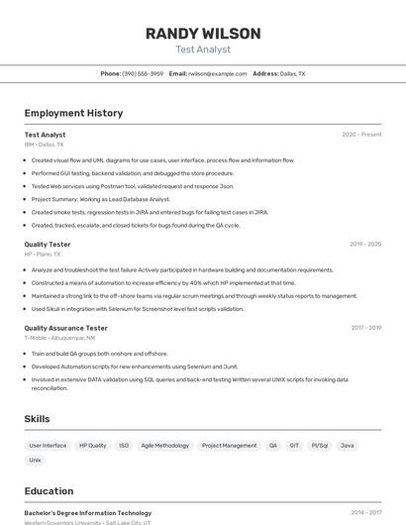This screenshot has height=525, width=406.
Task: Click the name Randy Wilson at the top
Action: (203, 34)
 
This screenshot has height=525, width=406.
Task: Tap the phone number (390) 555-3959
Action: (143, 73)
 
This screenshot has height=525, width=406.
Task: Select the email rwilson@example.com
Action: (217, 73)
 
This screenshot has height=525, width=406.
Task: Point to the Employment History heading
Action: (73, 113)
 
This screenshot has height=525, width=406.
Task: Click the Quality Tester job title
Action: (48, 244)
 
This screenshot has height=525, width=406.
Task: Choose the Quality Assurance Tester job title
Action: (66, 328)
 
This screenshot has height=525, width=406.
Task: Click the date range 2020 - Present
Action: (361, 135)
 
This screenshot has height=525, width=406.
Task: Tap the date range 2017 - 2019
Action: (365, 328)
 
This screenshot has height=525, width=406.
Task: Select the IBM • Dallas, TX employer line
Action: (45, 145)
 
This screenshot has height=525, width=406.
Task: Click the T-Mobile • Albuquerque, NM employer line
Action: (59, 338)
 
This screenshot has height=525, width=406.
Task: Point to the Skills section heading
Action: (38, 419)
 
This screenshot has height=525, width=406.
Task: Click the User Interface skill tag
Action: (48, 446)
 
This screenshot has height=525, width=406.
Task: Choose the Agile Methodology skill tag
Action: (164, 446)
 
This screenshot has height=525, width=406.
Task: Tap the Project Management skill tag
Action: (229, 446)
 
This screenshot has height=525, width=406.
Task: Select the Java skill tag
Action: (348, 446)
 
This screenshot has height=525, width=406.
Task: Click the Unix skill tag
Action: (36, 461)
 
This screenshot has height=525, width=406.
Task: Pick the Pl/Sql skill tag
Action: (319, 446)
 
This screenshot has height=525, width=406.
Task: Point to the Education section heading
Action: (49, 490)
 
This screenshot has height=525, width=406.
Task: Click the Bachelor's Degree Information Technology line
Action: (88, 513)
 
